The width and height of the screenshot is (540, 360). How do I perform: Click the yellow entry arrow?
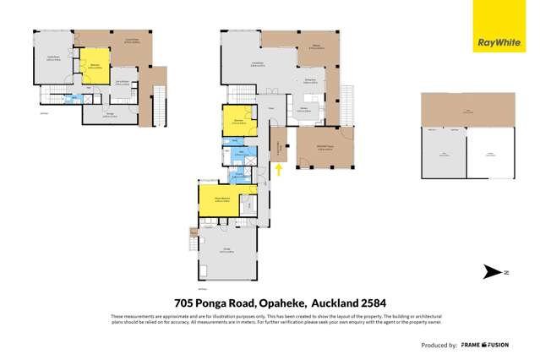(278, 171)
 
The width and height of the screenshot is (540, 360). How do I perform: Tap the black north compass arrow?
(492, 272)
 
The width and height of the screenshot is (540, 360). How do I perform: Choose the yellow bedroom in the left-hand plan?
(95, 68)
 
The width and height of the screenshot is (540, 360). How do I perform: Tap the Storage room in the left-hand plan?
(109, 115)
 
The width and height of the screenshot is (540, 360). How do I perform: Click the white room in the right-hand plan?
(490, 155)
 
